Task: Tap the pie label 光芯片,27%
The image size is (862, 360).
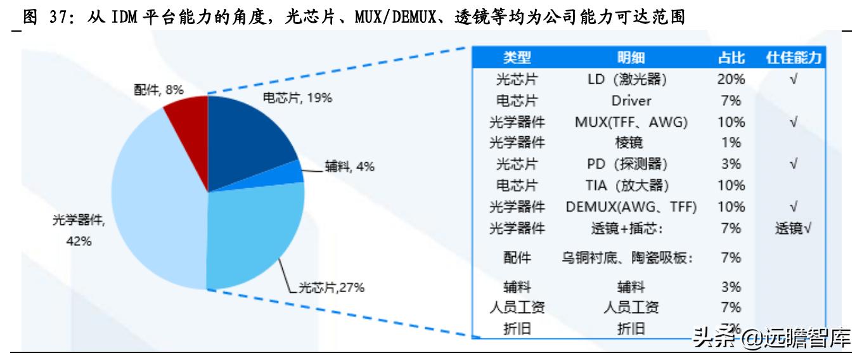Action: (x=331, y=288)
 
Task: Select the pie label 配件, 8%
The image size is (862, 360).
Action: (x=158, y=90)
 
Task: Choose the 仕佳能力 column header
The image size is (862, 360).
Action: (x=794, y=58)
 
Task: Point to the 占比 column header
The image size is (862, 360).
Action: (x=731, y=58)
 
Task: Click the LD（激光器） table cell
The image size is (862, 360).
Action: (x=631, y=79)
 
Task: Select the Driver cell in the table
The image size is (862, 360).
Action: (x=631, y=101)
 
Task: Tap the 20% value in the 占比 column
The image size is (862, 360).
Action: (x=731, y=79)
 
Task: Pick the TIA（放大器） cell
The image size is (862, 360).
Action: (x=631, y=185)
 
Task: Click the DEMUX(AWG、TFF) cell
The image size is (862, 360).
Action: (x=631, y=207)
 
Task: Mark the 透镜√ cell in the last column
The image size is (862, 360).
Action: (x=794, y=228)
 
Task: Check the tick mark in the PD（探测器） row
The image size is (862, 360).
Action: (x=794, y=164)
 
